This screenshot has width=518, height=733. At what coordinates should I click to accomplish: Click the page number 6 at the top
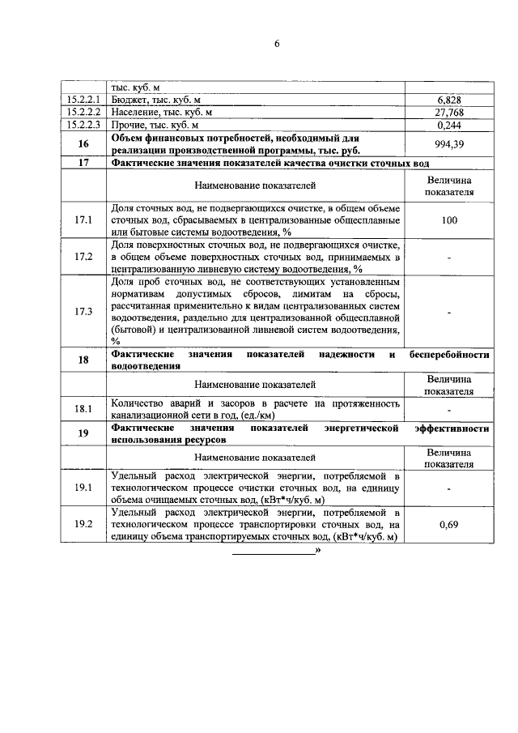[x=275, y=44]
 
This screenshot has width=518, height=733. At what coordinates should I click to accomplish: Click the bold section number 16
[x=83, y=143]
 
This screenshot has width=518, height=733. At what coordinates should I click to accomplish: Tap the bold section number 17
[x=83, y=163]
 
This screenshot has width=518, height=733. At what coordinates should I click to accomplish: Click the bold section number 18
[x=83, y=360]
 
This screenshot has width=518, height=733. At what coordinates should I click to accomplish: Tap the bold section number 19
[x=83, y=433]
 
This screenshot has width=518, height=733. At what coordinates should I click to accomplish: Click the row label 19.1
[x=83, y=488]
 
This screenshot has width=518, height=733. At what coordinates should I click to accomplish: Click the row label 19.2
[x=83, y=525]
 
